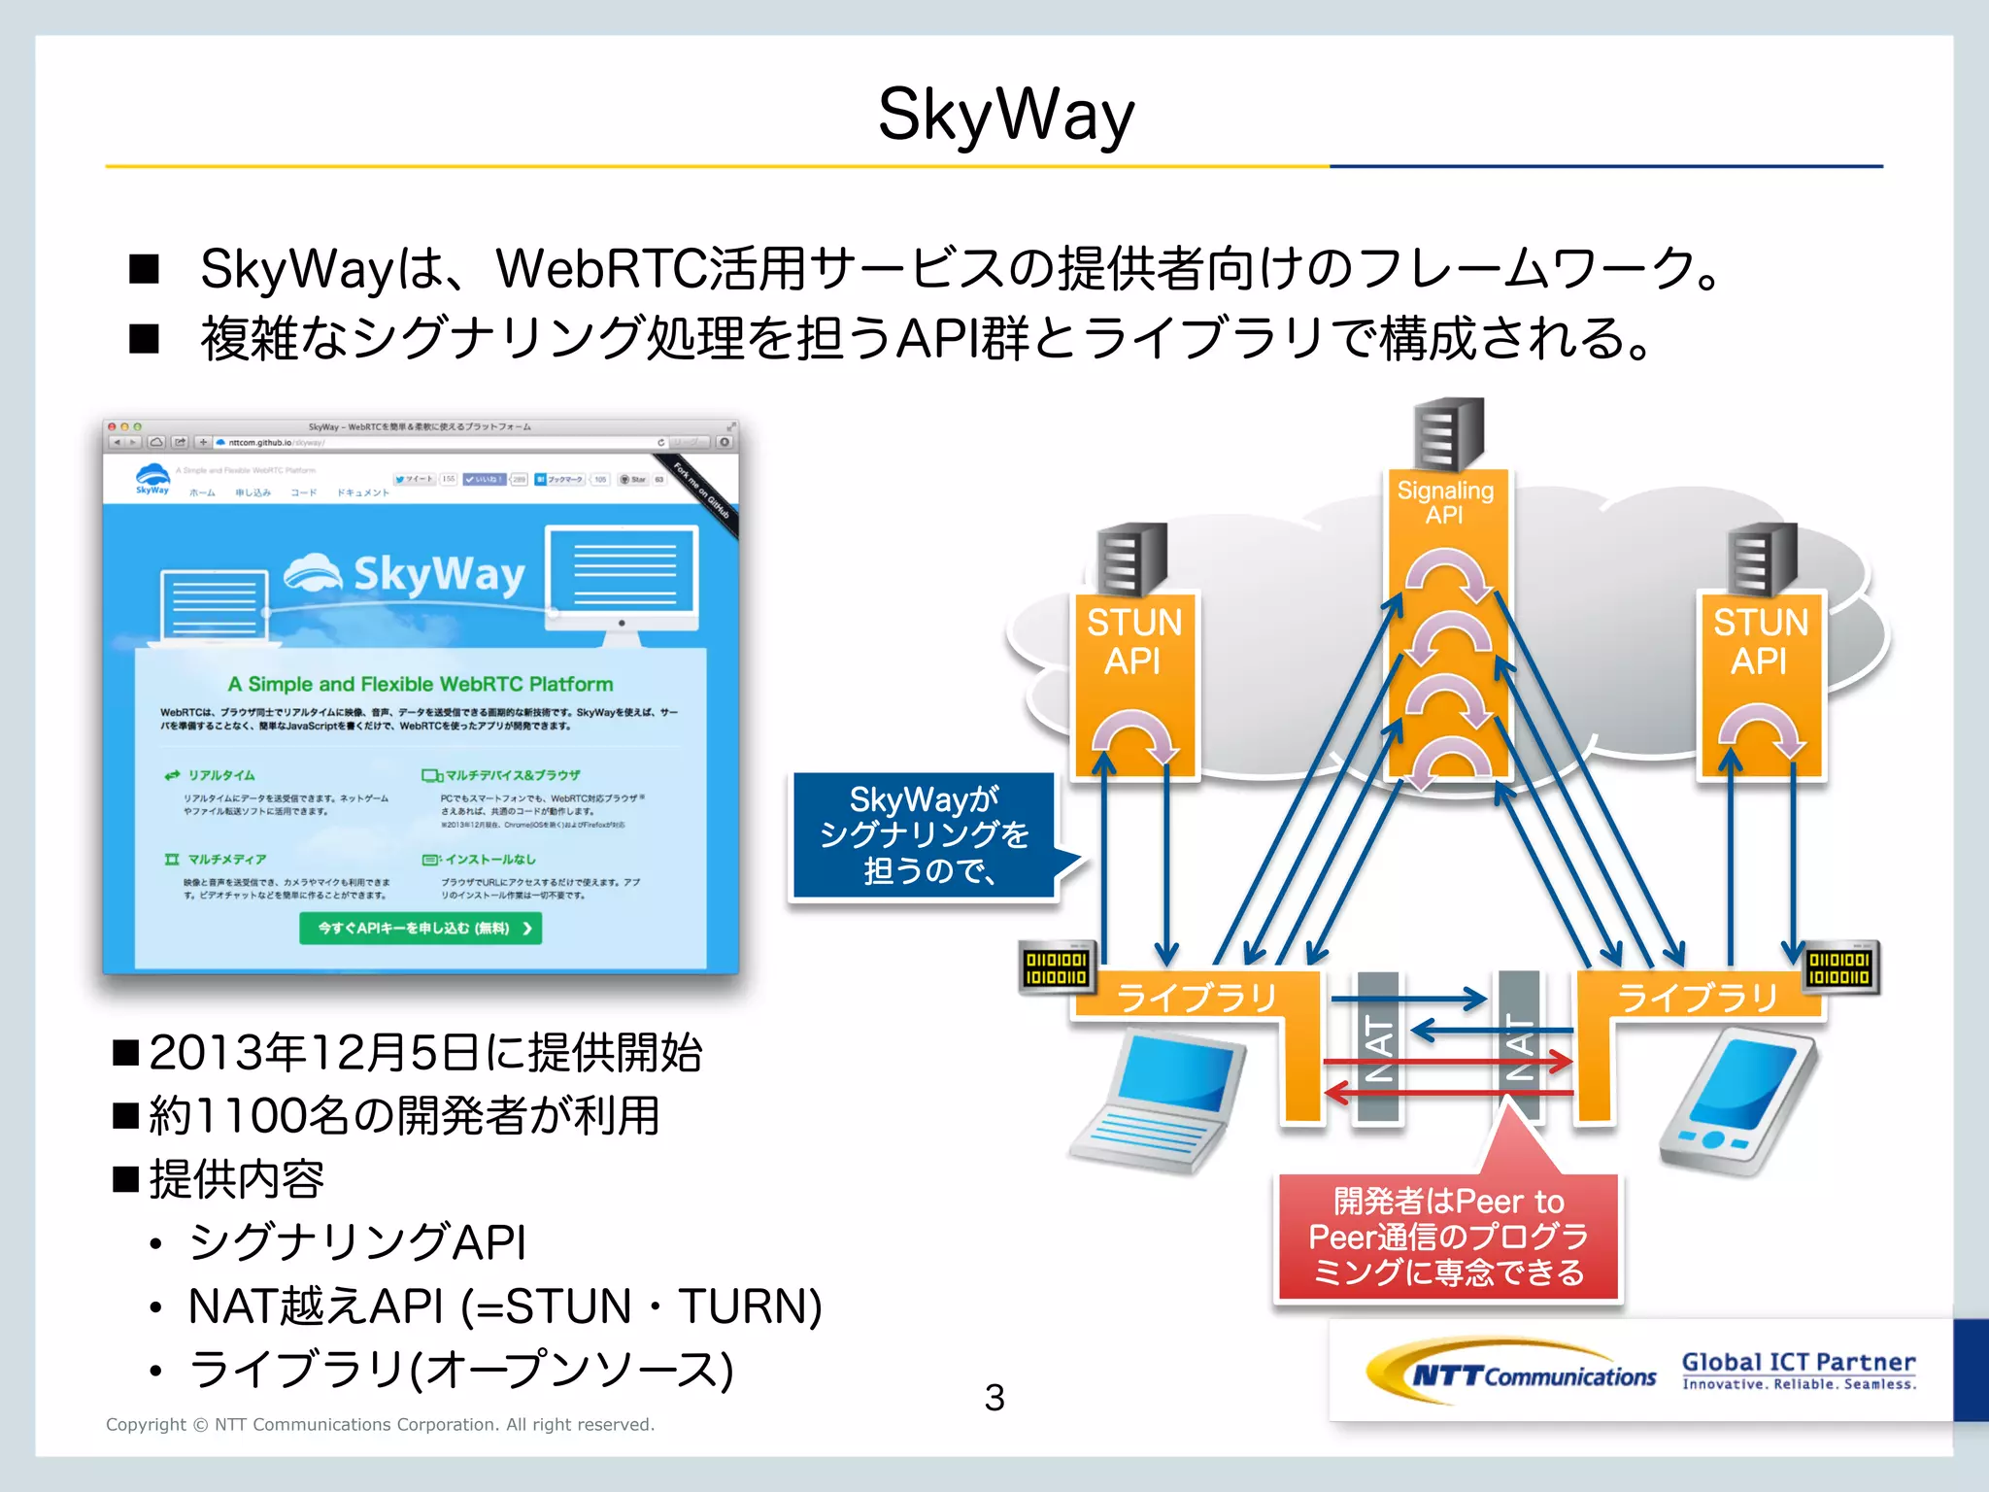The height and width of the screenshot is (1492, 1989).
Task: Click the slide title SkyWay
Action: point(1005,115)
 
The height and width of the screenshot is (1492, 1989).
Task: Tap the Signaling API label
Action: point(1445,502)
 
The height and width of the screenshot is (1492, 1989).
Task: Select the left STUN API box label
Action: point(1133,641)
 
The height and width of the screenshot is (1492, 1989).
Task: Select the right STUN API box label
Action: point(1760,641)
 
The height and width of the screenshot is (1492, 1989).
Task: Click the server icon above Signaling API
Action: point(1448,434)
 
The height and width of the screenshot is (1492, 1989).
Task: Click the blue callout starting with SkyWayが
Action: point(924,835)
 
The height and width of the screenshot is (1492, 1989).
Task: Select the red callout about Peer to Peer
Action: point(1447,1237)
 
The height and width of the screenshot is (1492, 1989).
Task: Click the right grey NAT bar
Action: point(1520,1047)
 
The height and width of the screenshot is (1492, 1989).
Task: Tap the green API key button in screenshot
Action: point(421,929)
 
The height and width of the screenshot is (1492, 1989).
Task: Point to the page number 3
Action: point(994,1398)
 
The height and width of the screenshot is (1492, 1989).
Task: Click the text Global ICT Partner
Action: point(1799,1362)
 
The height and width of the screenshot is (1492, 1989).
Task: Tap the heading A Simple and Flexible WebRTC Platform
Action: point(421,684)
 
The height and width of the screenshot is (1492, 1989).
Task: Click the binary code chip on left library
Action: point(1057,967)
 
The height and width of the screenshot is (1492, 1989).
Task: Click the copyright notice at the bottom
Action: point(380,1424)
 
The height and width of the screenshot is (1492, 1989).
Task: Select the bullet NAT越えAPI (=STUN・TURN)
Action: point(505,1306)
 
